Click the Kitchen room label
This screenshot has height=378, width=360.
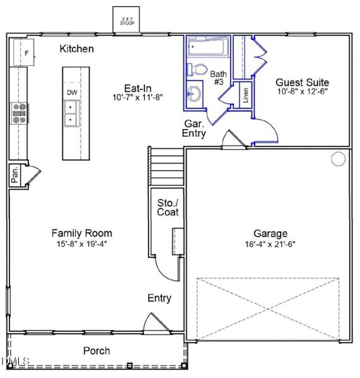click(x=77, y=49)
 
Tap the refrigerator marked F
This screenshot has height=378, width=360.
click(x=26, y=54)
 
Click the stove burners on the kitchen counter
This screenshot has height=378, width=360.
click(x=20, y=112)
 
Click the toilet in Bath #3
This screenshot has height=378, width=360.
click(x=199, y=69)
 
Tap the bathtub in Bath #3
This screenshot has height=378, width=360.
click(x=207, y=48)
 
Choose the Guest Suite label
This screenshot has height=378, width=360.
click(x=303, y=82)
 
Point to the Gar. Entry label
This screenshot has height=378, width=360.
click(x=194, y=129)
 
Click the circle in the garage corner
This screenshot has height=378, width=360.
click(x=339, y=159)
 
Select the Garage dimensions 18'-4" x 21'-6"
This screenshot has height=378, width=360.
click(x=270, y=244)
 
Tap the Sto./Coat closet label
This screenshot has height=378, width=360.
click(x=168, y=207)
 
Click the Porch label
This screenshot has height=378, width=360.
click(x=96, y=351)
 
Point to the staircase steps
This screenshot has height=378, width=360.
click(x=166, y=167)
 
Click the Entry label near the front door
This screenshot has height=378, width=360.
click(x=159, y=298)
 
